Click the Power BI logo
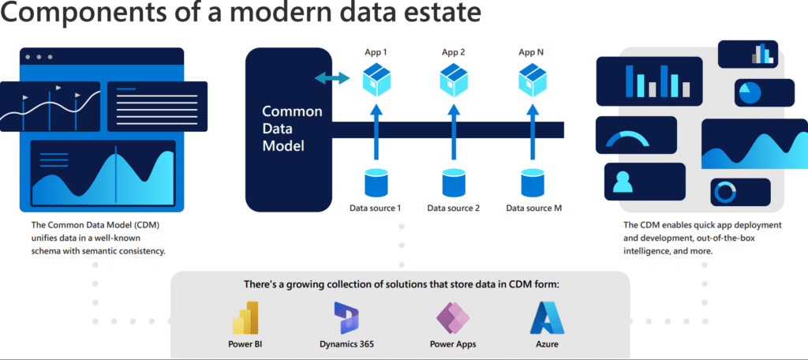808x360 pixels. point(245,318)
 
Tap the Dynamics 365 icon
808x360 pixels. point(346,318)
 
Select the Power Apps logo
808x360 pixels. point(453,318)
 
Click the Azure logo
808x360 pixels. point(547,318)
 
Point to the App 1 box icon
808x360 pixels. point(376,80)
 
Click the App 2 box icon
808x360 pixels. point(454,80)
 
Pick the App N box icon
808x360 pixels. point(532,80)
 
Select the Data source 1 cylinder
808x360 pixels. point(376,182)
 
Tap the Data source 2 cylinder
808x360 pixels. point(454,182)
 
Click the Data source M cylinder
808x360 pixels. point(532,182)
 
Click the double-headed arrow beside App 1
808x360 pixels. point(332,78)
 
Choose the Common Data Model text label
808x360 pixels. point(292,129)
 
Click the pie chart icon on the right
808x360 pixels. point(750,93)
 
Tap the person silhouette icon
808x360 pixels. point(623,182)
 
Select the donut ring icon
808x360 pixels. point(725,193)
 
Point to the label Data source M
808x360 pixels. point(534,208)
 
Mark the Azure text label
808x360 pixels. point(547,344)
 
